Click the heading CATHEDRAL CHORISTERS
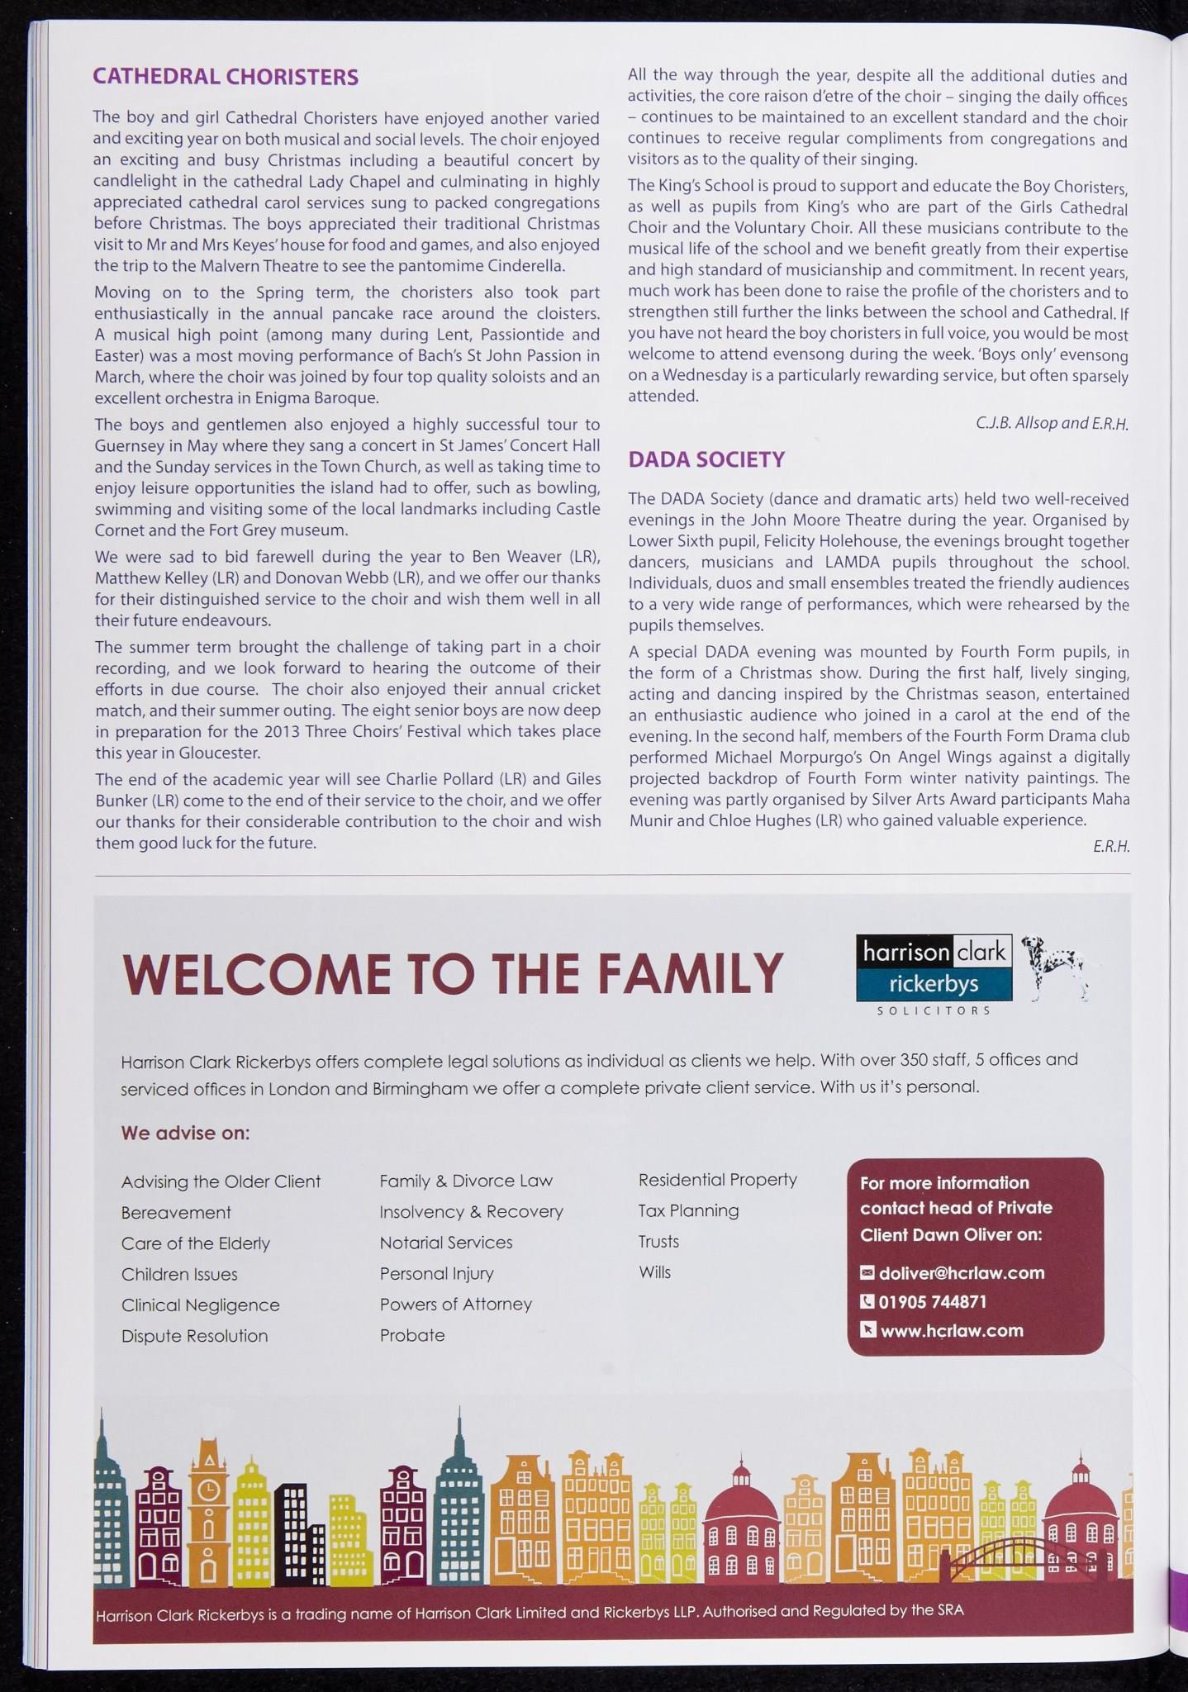coord(226,78)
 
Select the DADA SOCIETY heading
coord(706,459)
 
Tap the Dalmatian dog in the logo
coord(1053,967)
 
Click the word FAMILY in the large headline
coord(690,974)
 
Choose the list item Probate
coord(412,1335)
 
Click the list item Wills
coord(654,1272)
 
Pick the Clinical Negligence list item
coord(200,1305)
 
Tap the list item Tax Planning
coord(688,1210)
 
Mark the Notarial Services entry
coord(446,1243)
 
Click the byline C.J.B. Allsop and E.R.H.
coord(1051,423)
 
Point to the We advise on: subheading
coord(185,1133)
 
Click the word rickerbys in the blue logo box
coord(934,984)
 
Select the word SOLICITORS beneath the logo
coord(934,1010)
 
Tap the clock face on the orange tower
coord(209,1489)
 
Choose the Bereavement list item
coord(176,1213)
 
